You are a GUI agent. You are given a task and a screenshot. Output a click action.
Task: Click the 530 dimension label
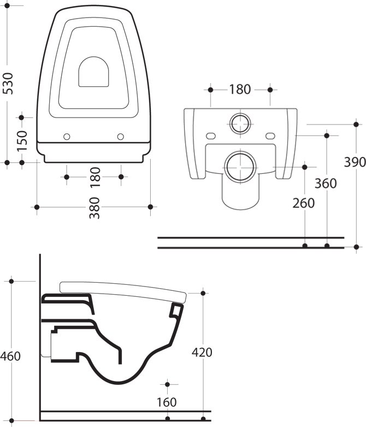(x=8, y=83)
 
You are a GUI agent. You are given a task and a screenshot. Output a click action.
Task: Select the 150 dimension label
(x=22, y=141)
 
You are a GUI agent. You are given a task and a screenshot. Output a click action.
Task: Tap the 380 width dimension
(x=95, y=208)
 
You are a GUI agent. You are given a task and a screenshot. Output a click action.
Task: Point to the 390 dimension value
(x=355, y=162)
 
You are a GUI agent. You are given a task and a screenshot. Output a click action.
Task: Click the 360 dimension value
(x=326, y=184)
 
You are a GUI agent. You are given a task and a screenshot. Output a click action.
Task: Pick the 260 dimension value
(x=303, y=203)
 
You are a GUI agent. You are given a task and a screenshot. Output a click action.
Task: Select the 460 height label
(x=10, y=356)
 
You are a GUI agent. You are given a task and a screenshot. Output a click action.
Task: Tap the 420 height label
(x=202, y=353)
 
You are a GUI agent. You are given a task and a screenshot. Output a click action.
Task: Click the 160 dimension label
(x=167, y=402)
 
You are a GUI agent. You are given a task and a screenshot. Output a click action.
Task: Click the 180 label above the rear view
(x=240, y=90)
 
